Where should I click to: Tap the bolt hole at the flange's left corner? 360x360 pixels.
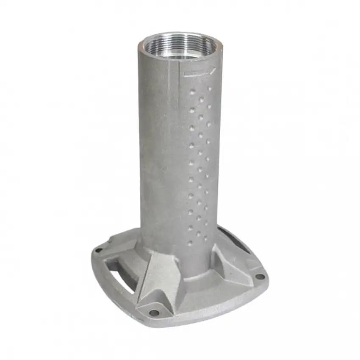(x=99, y=250)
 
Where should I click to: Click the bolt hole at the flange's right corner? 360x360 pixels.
(x=260, y=277)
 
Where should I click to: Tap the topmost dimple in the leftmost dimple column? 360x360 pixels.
(x=193, y=91)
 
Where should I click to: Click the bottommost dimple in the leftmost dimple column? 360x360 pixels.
(x=190, y=243)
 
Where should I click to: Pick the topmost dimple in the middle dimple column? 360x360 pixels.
(x=201, y=100)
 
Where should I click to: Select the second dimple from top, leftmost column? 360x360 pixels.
(x=192, y=110)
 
